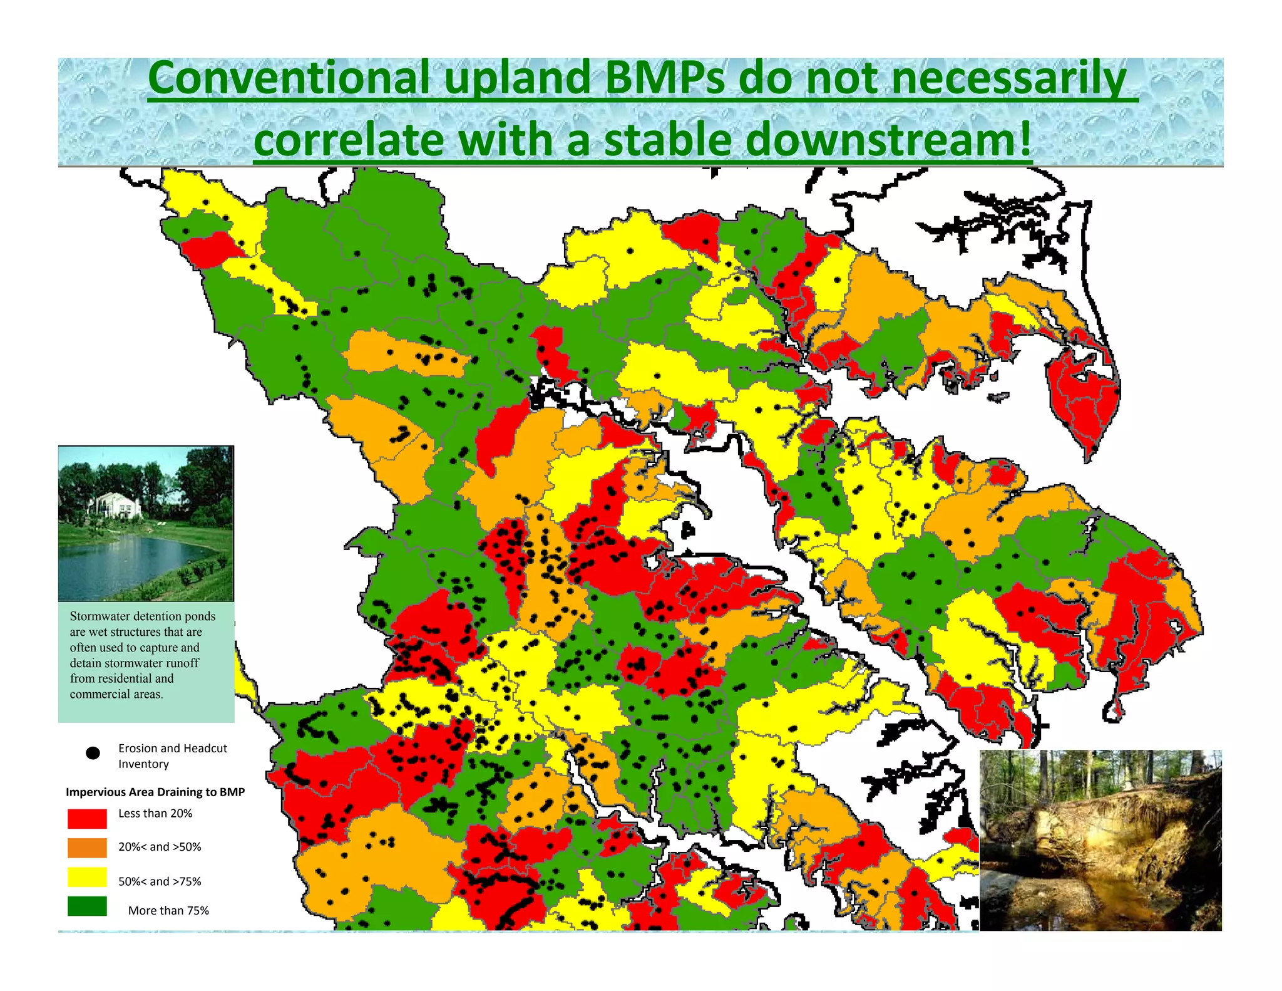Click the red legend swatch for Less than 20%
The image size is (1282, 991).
coord(87,818)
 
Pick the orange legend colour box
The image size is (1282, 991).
coord(87,848)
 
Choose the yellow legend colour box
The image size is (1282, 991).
coord(87,878)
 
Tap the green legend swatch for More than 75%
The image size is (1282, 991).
coord(87,906)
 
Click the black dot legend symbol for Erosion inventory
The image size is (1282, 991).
coord(93,753)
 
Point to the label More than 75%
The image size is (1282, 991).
coord(168,910)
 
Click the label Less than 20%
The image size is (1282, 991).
coord(155,813)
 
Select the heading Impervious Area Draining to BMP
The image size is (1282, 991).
coord(155,792)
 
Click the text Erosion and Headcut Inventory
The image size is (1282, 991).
coord(172,755)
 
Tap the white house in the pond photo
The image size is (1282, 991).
coord(116,505)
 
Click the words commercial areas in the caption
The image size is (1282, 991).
coord(116,694)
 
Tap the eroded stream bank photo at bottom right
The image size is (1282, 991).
coord(1100,839)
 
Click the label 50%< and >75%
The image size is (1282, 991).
coord(160,881)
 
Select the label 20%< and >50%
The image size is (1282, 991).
coord(160,847)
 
